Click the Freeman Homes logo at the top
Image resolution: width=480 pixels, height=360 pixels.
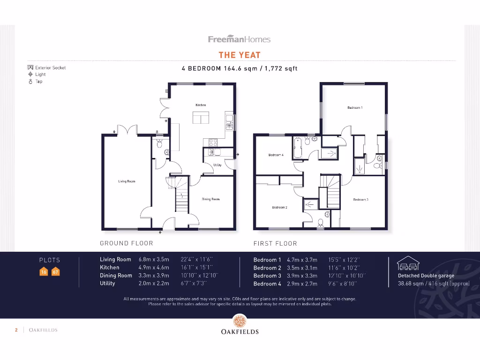tap(240, 39)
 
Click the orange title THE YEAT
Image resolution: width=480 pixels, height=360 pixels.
tap(240, 55)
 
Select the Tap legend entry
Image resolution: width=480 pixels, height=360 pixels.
tap(39, 81)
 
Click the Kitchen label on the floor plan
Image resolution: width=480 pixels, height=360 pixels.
tap(201, 105)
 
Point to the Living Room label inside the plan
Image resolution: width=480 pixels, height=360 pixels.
tap(127, 181)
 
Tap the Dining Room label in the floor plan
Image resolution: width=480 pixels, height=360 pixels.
tap(210, 199)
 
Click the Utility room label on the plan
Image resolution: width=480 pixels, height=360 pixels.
tap(217, 165)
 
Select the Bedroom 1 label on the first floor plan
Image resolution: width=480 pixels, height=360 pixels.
tap(355, 108)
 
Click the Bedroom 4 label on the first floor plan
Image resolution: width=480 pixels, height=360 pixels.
tap(276, 155)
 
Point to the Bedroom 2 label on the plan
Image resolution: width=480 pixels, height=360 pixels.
tap(279, 207)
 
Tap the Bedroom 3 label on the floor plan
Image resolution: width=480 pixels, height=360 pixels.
tap(360, 200)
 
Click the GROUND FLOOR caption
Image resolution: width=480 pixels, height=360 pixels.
tap(127, 243)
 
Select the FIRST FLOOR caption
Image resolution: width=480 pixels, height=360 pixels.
tap(275, 243)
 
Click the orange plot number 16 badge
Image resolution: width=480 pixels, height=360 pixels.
tap(44, 272)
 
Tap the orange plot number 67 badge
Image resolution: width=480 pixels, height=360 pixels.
tap(56, 272)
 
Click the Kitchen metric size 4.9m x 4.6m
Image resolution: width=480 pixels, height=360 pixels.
tap(154, 268)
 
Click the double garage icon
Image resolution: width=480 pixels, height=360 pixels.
tap(408, 264)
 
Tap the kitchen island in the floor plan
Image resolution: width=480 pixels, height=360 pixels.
tap(201, 119)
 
